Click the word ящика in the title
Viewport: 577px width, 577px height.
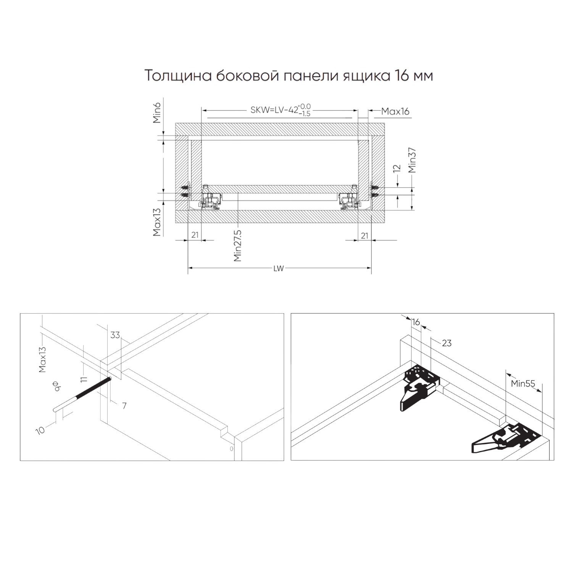pyautogui.click(x=367, y=76)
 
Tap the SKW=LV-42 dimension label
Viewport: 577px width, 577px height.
pyautogui.click(x=274, y=110)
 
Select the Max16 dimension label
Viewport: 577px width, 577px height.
pyautogui.click(x=395, y=111)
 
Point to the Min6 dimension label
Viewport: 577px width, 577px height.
pyautogui.click(x=157, y=111)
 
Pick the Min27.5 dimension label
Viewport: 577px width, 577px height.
pyautogui.click(x=238, y=245)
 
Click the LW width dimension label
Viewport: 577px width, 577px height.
pyautogui.click(x=279, y=268)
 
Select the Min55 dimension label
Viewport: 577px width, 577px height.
pyautogui.click(x=523, y=384)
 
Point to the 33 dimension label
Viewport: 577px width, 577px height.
pyautogui.click(x=115, y=335)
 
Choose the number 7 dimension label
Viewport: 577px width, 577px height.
pyautogui.click(x=124, y=406)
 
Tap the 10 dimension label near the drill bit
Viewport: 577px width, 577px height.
pyautogui.click(x=41, y=430)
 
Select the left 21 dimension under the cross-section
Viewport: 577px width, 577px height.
pyautogui.click(x=195, y=235)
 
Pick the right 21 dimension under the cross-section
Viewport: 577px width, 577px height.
pyautogui.click(x=364, y=235)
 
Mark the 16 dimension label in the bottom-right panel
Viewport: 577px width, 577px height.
pyautogui.click(x=416, y=322)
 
